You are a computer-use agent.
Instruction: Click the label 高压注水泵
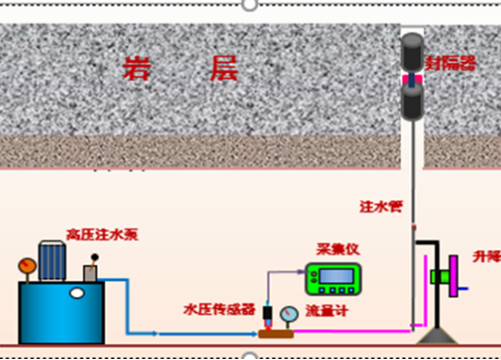coord(102,235)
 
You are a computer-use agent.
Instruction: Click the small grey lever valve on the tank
coord(92,269)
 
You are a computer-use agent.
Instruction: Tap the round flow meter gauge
coord(288,315)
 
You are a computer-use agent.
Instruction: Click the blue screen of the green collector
coord(333,276)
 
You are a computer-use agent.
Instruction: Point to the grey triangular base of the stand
coord(435,334)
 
